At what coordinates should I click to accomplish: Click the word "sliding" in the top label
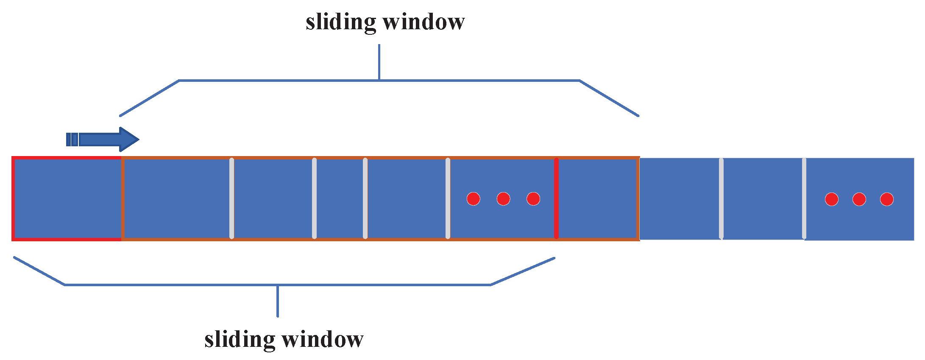(x=340, y=22)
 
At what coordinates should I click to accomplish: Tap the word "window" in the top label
(x=424, y=22)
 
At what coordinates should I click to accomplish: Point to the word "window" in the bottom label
(x=323, y=340)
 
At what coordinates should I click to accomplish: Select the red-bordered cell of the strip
(x=67, y=198)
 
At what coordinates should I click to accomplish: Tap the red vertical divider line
(x=556, y=198)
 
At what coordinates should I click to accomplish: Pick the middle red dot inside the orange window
(x=503, y=198)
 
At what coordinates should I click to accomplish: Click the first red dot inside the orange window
(x=473, y=198)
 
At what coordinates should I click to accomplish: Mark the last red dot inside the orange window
(x=533, y=198)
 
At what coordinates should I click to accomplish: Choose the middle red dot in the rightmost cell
(x=859, y=199)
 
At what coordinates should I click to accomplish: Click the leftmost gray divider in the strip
(x=231, y=198)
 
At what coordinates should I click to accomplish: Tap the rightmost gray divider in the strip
(x=804, y=198)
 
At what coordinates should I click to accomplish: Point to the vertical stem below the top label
(x=379, y=62)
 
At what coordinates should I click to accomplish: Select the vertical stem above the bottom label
(x=278, y=301)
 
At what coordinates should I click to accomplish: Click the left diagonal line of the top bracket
(x=149, y=98)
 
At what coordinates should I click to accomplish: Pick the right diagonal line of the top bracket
(x=609, y=98)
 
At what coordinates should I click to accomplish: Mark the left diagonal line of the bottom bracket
(x=39, y=271)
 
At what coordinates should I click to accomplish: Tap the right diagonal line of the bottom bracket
(x=523, y=271)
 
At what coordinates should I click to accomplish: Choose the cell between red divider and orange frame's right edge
(x=598, y=198)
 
